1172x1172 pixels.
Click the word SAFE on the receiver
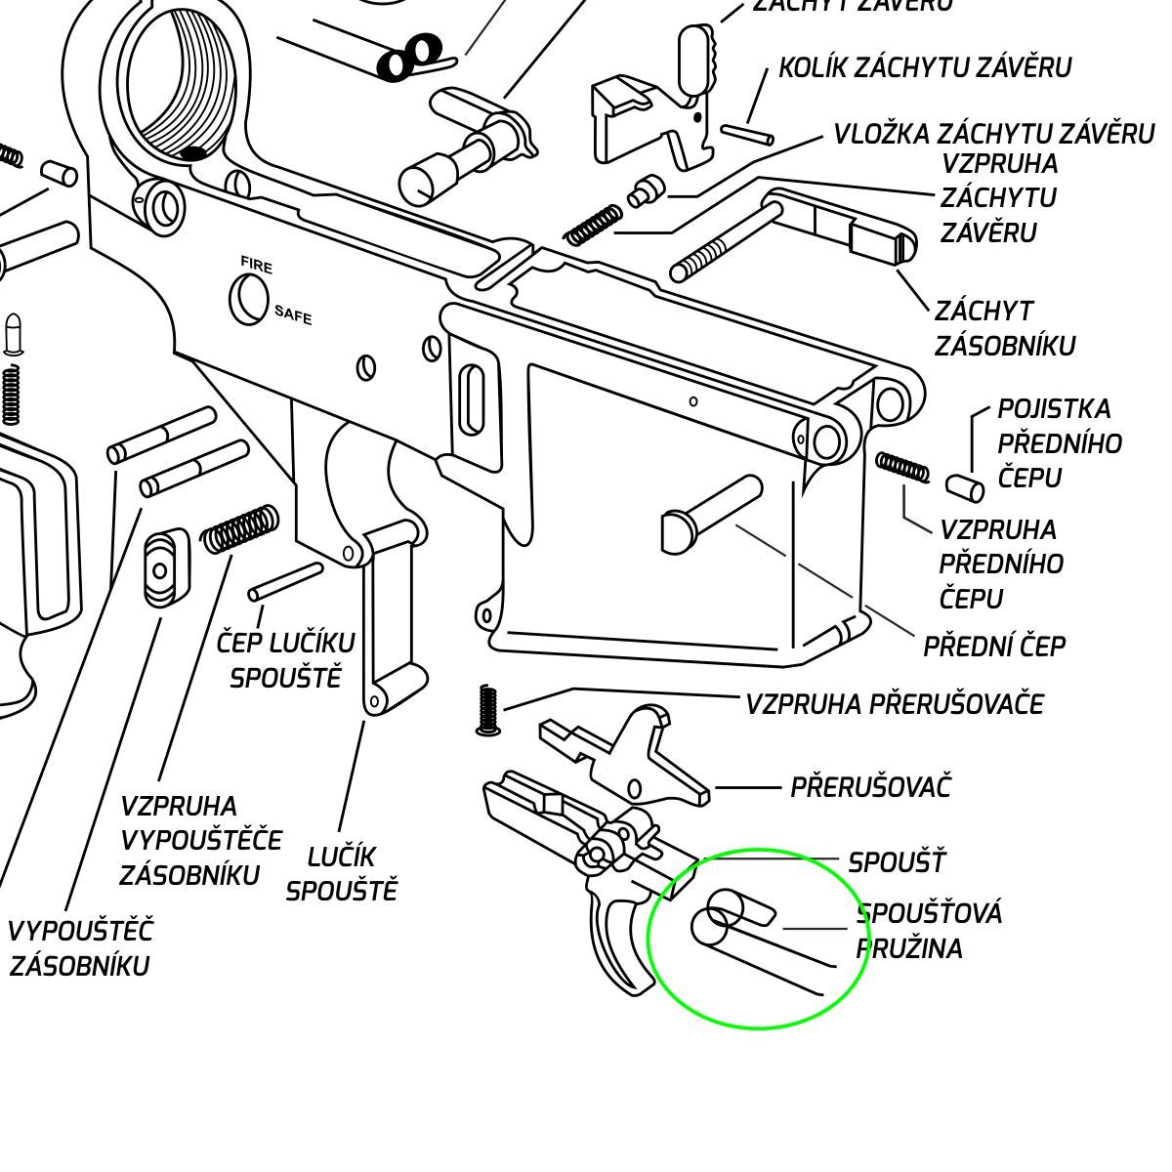point(293,314)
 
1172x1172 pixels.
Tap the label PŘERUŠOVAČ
point(870,787)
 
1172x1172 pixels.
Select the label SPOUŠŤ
point(897,863)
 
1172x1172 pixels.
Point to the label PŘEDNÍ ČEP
point(993,647)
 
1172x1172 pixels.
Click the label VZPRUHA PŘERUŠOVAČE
point(895,704)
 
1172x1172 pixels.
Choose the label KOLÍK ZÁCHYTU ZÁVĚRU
point(925,67)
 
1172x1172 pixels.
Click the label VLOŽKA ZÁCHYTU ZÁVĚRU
point(993,134)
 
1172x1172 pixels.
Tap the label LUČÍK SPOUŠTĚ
point(342,873)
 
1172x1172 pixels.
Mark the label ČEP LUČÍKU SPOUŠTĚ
point(285,660)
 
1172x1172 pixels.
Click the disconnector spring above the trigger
point(488,710)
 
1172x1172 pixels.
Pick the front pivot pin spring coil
point(903,467)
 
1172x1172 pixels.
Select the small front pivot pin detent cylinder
point(964,485)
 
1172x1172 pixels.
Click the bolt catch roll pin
point(747,134)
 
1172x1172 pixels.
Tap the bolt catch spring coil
point(593,225)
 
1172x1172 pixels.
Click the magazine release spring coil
point(239,528)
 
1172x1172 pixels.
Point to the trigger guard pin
point(285,581)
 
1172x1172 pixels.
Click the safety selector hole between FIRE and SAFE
point(248,297)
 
